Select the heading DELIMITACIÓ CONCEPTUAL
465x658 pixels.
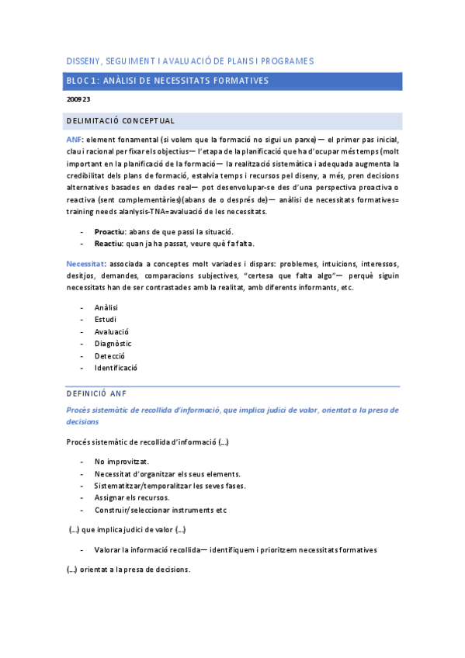click(120, 120)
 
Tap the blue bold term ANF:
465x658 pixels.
click(75, 138)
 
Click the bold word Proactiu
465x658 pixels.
click(109, 232)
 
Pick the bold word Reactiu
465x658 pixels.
click(108, 244)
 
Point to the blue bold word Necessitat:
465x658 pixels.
click(86, 264)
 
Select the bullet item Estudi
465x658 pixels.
click(106, 320)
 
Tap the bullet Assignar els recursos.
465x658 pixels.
click(131, 497)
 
